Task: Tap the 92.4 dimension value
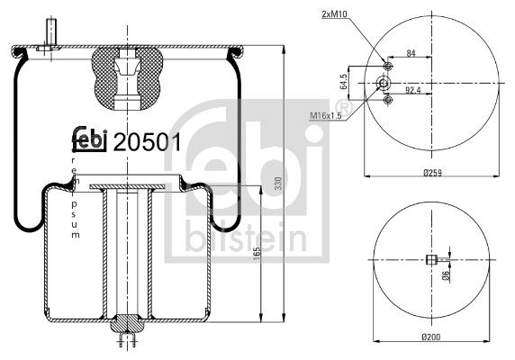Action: point(415,90)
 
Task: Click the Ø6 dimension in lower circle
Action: point(446,277)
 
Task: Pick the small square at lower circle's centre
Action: point(430,262)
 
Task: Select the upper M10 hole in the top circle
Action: point(387,66)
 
